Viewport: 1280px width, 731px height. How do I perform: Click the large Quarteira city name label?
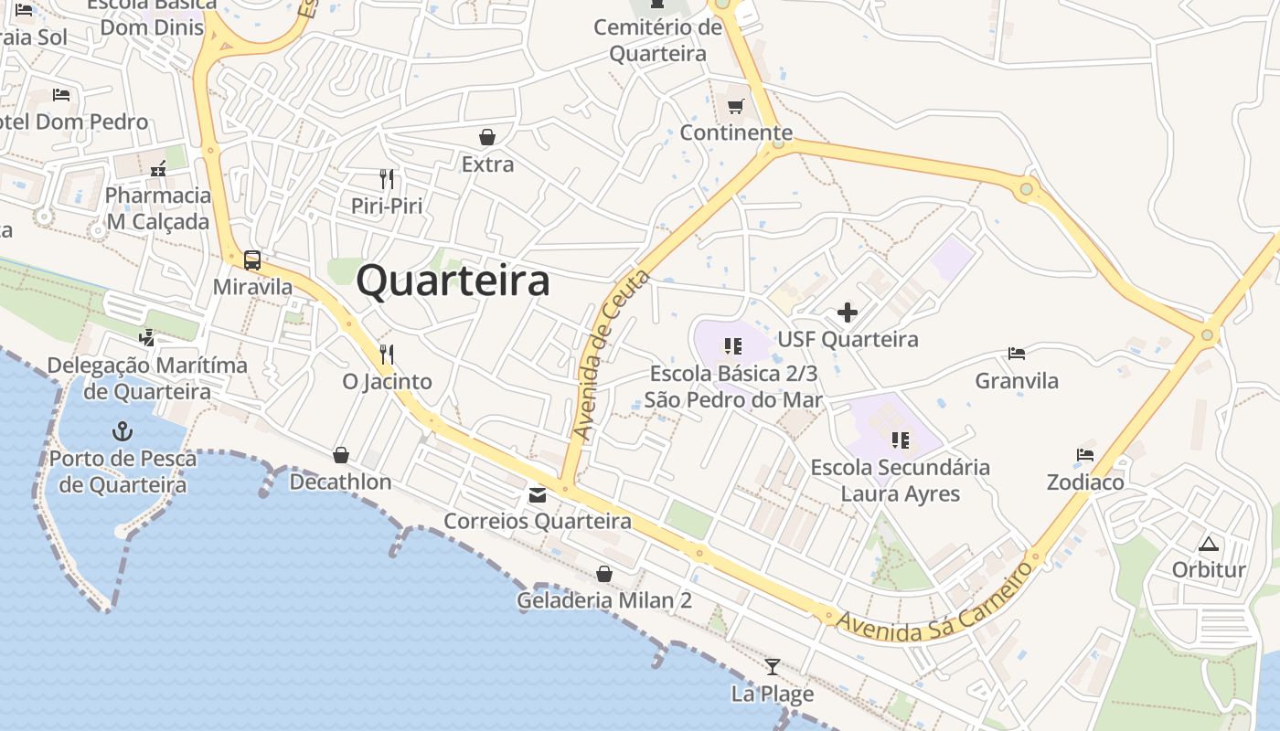coord(453,281)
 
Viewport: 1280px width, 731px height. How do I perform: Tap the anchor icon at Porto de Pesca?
coord(122,430)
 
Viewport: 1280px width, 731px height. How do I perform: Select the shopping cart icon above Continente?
coord(735,106)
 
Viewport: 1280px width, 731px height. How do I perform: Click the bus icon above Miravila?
coord(252,260)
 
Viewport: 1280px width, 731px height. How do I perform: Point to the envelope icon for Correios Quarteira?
coord(537,495)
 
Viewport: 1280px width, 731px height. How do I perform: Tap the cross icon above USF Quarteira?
coord(848,313)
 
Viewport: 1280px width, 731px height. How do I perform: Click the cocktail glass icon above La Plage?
coord(773,667)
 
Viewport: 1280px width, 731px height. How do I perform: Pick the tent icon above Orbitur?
coord(1209,545)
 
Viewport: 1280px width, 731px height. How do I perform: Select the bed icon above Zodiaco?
coord(1085,455)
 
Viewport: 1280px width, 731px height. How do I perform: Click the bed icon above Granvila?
coord(1016,354)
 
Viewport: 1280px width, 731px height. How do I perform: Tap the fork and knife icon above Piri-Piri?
coord(387,178)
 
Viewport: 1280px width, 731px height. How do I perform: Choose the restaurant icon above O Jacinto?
coord(387,354)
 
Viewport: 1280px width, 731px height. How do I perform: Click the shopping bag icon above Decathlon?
coord(341,455)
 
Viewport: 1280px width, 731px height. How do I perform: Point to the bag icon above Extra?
coord(487,138)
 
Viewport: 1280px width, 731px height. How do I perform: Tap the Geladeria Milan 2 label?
coord(603,601)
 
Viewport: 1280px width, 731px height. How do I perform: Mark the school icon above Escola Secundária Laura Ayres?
coord(901,441)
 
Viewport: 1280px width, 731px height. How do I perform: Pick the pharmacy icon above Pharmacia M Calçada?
coord(158,169)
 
